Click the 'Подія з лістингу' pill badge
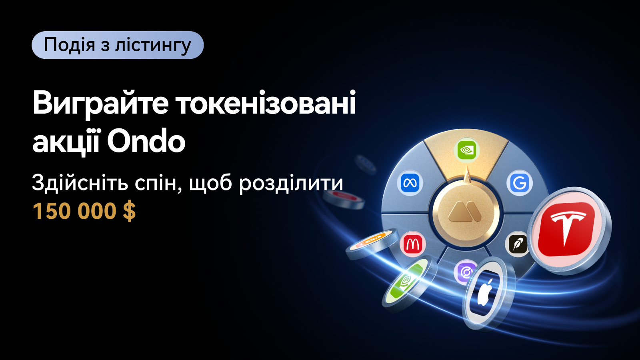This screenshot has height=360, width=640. click(x=118, y=45)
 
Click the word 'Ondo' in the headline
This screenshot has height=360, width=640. click(x=146, y=142)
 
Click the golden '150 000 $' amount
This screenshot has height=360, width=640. click(x=84, y=211)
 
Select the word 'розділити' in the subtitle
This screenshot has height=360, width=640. click(x=291, y=184)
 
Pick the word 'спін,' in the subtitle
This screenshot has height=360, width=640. click(x=159, y=183)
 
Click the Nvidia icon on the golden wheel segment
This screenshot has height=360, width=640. click(x=466, y=150)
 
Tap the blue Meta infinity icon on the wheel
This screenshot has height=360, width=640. click(x=410, y=182)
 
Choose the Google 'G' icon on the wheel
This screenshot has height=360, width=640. click(x=520, y=183)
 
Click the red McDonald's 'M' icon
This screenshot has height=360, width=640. click(x=412, y=244)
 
